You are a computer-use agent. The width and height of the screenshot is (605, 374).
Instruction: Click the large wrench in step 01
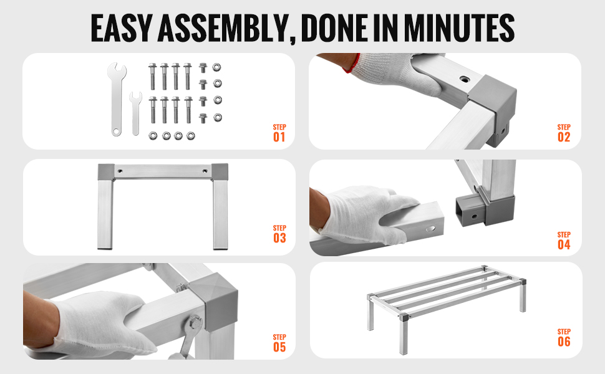point(117,99)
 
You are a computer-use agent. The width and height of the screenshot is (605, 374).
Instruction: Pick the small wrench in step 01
point(135,113)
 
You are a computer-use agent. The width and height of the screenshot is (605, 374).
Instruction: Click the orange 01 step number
point(279,137)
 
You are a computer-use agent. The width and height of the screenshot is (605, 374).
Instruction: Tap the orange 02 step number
point(564,137)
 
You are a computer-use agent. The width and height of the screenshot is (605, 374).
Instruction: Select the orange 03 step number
point(280,238)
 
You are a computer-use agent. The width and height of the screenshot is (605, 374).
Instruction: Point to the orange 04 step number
point(564,244)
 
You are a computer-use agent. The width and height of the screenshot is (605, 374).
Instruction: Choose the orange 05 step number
point(279,347)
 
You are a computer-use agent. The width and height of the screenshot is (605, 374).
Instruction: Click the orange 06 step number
point(564,342)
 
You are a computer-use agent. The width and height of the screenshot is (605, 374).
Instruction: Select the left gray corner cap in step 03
point(106,172)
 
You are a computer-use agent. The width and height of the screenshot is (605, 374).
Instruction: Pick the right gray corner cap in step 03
point(220,172)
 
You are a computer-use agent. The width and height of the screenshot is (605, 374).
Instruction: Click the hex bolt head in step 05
point(195,322)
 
